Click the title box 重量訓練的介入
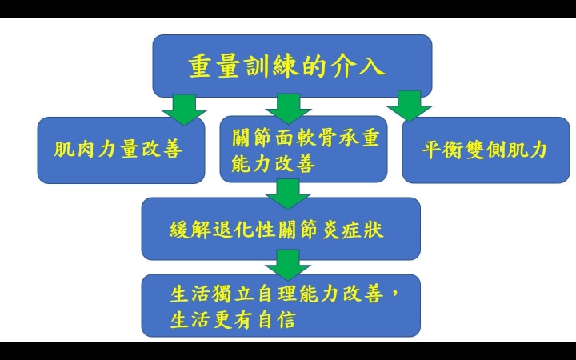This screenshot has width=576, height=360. (292, 66)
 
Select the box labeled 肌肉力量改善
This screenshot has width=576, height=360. (122, 150)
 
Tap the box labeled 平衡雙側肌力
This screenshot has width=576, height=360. (486, 150)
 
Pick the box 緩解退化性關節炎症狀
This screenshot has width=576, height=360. (281, 229)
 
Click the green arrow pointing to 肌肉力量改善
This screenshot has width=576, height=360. (184, 110)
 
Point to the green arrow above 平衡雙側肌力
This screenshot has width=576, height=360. (410, 106)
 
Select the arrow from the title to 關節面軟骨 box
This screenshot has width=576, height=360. (288, 109)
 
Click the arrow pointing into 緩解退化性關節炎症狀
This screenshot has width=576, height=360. (288, 194)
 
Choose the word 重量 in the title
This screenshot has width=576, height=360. (213, 67)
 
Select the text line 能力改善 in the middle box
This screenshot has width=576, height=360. (274, 164)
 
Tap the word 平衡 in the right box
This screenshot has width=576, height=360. (442, 150)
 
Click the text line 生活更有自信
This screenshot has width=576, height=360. (233, 319)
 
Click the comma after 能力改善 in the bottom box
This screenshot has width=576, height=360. (394, 294)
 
